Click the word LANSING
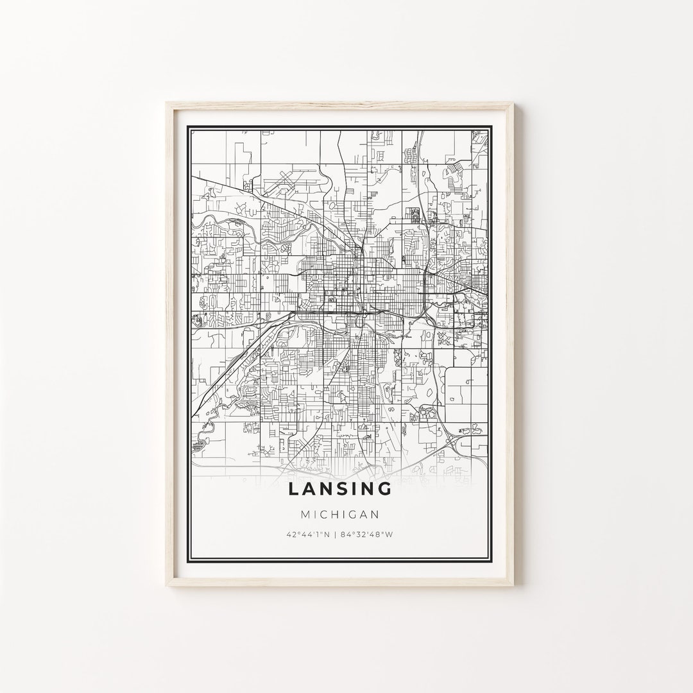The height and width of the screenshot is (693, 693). click(x=340, y=489)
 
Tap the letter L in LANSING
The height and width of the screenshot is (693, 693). click(x=293, y=489)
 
